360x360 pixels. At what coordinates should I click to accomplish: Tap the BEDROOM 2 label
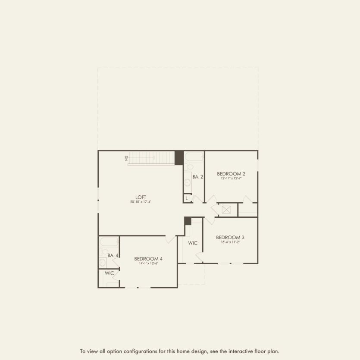(231, 174)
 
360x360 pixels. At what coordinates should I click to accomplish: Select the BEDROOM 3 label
(230, 237)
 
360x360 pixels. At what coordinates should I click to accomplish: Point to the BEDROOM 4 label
(148, 259)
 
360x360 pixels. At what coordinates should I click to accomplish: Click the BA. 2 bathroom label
(197, 177)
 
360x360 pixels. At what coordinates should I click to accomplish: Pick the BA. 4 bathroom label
(113, 256)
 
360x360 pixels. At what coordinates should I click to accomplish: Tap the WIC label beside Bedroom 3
(193, 243)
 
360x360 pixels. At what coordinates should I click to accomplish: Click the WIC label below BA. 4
(110, 273)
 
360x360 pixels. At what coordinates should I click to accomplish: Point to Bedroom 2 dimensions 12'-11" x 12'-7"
(231, 178)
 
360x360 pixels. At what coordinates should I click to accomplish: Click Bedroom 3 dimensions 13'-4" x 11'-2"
(230, 242)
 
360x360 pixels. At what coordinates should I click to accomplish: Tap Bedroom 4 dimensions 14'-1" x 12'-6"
(148, 263)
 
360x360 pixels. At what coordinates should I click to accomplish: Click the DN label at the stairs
(126, 158)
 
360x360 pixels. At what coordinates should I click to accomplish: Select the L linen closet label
(187, 198)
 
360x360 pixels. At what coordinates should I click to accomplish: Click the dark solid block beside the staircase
(179, 157)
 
